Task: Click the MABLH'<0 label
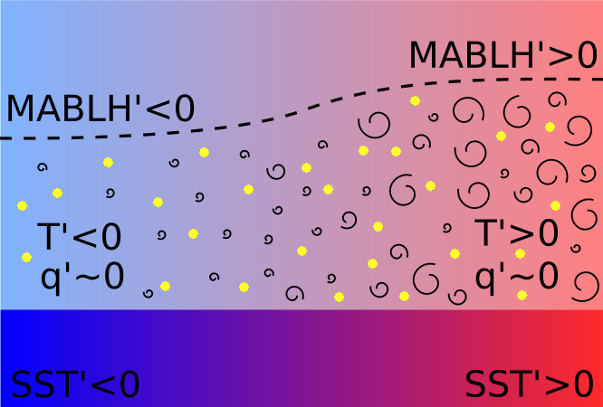click(100, 109)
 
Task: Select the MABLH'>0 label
click(502, 56)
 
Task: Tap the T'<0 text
click(79, 237)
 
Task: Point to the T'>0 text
click(516, 233)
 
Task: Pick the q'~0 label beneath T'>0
click(516, 274)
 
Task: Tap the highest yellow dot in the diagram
click(415, 101)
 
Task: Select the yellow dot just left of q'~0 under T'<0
click(26, 258)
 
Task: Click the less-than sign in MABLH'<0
click(155, 109)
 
